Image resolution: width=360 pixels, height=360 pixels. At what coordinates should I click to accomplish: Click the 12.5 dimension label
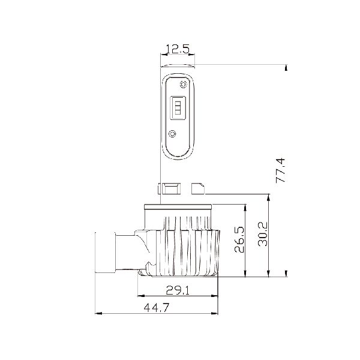click(177, 49)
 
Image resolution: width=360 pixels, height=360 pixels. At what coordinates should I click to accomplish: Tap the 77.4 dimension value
click(280, 170)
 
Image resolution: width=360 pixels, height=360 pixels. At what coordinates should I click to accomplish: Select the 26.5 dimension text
click(239, 239)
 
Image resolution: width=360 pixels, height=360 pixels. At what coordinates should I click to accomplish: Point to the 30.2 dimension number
click(263, 234)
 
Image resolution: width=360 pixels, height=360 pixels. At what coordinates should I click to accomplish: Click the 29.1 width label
click(178, 290)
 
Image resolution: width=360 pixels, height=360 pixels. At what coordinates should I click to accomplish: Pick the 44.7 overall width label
click(157, 307)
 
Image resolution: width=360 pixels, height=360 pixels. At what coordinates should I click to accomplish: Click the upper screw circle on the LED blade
click(183, 85)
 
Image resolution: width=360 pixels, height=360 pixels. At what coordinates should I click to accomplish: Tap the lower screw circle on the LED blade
click(172, 134)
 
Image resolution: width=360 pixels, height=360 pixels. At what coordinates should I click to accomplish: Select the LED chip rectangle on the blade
click(178, 107)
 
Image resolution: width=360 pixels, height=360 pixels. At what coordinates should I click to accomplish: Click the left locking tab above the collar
click(169, 188)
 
